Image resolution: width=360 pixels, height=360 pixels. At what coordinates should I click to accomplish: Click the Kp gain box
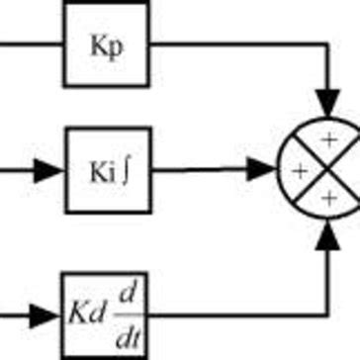[107, 45]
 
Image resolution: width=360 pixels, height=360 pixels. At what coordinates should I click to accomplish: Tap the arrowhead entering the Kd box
[48, 314]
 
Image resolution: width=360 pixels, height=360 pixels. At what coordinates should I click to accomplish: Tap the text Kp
[107, 46]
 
